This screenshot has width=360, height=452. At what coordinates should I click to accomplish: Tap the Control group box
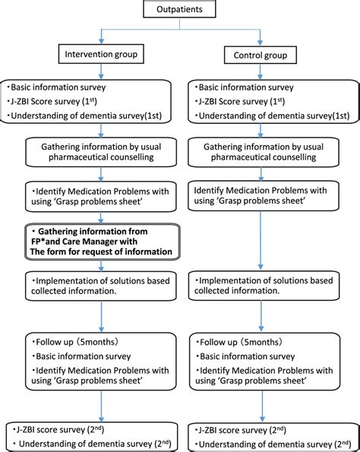click(x=260, y=55)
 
